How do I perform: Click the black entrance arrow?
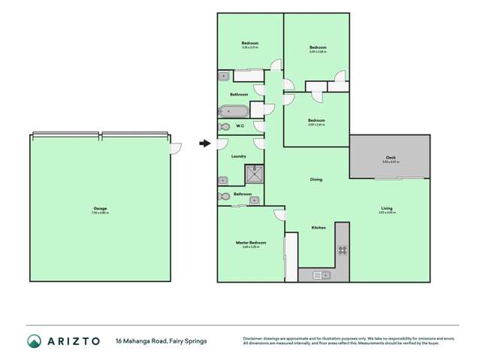coord(204,144)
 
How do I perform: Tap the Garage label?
coord(100,209)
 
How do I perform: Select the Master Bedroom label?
coord(251,243)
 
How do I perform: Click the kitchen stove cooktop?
coord(342,250)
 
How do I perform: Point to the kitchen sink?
coord(322,275)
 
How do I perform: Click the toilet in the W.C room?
coord(223,126)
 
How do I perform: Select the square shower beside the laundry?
coord(255,174)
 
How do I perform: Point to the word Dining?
coord(316,180)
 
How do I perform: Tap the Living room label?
coord(386,209)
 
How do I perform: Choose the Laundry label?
coord(239,156)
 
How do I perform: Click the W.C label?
coord(240,126)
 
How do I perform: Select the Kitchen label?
coord(318,228)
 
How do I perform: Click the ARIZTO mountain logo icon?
coord(34,341)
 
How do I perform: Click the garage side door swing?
coord(176,147)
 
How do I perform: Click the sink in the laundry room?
coord(224,180)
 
